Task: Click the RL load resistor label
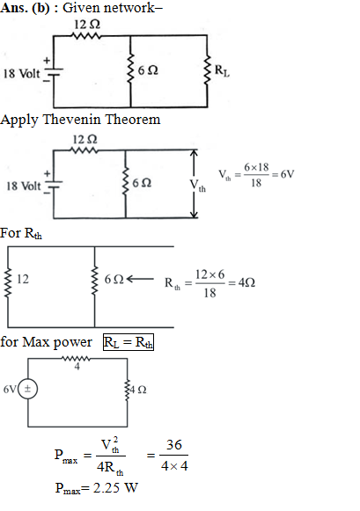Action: click(222, 70)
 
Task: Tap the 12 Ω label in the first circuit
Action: click(87, 25)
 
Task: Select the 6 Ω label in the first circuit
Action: click(148, 70)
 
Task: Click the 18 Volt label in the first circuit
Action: click(21, 74)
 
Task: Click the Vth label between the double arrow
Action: click(198, 185)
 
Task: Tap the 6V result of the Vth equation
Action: click(288, 174)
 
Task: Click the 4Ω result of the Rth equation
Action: click(246, 282)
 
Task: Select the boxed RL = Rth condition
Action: click(129, 342)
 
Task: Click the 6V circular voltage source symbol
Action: click(27, 389)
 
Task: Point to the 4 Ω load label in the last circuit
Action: click(138, 390)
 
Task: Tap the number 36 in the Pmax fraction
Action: click(173, 444)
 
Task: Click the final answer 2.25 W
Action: click(116, 488)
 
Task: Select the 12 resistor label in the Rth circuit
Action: click(23, 279)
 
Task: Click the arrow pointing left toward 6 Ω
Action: click(140, 279)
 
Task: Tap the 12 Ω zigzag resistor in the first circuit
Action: click(87, 35)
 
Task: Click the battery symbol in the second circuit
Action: click(54, 185)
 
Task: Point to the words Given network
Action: click(112, 8)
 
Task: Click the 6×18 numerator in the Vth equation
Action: click(256, 167)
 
